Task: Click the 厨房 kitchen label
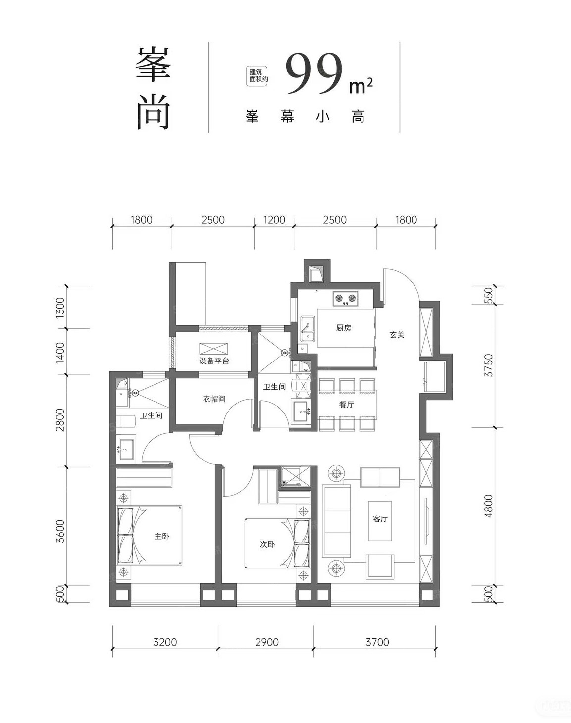coord(343,328)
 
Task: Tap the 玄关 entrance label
coord(397,335)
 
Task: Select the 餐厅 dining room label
coord(347,405)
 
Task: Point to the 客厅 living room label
coord(380,519)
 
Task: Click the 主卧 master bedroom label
coord(161,536)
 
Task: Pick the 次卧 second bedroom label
coord(267,544)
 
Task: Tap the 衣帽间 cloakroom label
coord(214,399)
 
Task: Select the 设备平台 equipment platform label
coord(214,361)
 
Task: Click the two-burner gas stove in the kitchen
coord(346,298)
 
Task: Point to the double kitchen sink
coord(308,329)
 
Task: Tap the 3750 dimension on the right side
coord(489,365)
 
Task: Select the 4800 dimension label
coord(489,506)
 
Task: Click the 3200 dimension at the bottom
coord(165,642)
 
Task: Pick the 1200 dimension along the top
coord(274,220)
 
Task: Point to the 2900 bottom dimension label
coord(267,642)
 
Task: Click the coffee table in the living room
coord(380,521)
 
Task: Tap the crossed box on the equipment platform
coord(213,349)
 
